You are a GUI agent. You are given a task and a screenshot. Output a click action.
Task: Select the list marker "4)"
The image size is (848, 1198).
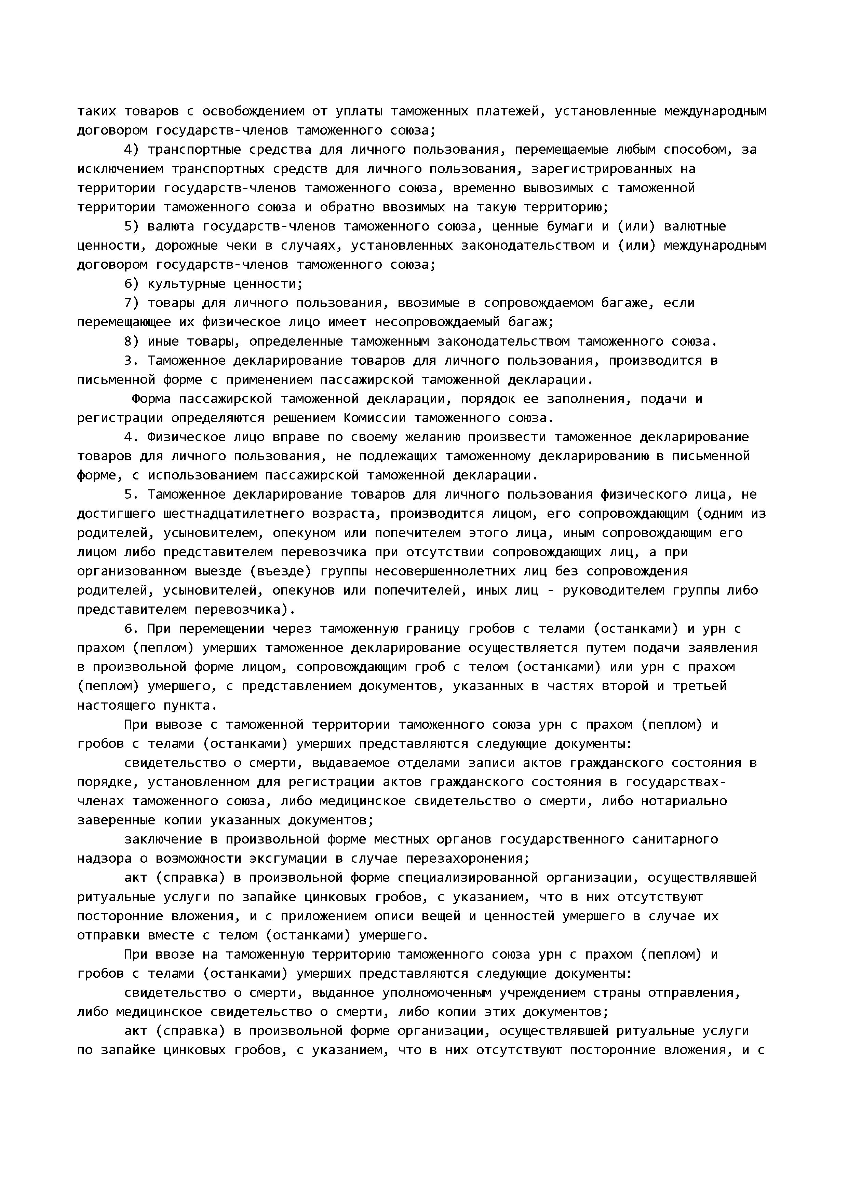click(x=132, y=150)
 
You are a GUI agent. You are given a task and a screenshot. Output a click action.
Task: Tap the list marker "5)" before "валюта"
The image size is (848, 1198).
click(x=132, y=226)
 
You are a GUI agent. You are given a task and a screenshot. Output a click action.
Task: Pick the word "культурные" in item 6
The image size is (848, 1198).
click(x=186, y=284)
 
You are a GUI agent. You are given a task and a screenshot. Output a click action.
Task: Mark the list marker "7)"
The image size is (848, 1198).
click(x=132, y=303)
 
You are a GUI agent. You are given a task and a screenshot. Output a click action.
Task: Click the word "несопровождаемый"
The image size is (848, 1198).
click(x=438, y=322)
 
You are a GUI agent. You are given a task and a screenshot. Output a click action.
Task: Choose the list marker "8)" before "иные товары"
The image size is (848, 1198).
click(x=132, y=342)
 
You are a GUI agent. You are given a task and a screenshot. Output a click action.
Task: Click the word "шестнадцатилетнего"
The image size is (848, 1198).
click(x=233, y=514)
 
